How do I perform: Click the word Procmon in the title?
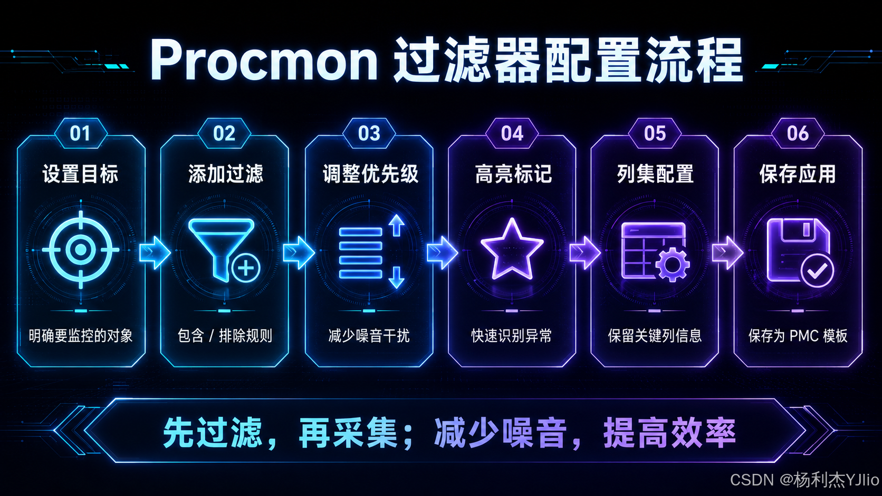coord(264,60)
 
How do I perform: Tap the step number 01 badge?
coord(80,133)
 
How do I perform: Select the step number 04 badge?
coord(512,133)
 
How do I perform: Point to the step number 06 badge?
coord(798,133)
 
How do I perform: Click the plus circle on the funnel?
coord(246,269)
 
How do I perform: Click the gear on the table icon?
coord(672,264)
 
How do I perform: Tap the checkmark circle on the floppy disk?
coord(817,270)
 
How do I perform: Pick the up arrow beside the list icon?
coord(397,225)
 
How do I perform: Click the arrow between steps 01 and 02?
coord(155,252)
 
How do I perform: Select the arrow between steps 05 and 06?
coord(727,252)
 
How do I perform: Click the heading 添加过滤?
coord(225,174)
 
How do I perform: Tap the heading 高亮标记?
coord(513,174)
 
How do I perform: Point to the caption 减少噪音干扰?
coord(369,336)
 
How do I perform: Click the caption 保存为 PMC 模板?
coord(798,336)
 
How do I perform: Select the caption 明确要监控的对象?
coord(81,336)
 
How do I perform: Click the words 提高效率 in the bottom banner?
coord(669,433)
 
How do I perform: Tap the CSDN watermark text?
coord(804,480)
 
